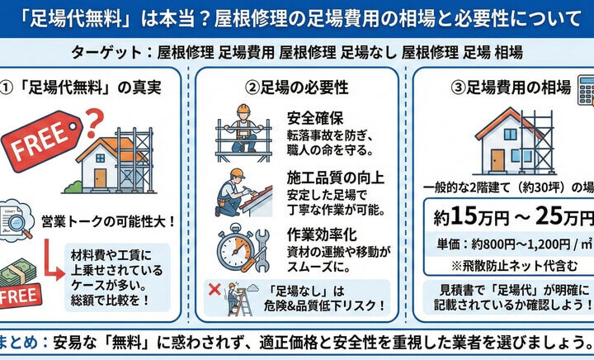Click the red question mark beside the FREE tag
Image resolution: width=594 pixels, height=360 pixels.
pos(94,122)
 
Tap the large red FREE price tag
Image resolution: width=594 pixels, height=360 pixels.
pos(42,140)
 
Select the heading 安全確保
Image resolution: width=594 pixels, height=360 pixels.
pos(315,118)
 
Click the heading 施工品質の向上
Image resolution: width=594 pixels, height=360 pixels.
pos(335,178)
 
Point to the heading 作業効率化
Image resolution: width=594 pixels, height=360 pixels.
pos(322,234)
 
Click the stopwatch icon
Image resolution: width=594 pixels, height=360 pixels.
pos(235,248)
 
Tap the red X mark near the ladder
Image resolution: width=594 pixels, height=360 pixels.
pos(214,290)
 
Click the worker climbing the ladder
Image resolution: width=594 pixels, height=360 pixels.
pos(232,297)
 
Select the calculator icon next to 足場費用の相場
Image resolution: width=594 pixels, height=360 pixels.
pos(586,91)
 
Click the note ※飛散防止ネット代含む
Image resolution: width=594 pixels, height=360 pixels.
pos(515,266)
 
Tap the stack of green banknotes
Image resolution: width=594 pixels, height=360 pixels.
pos(18,272)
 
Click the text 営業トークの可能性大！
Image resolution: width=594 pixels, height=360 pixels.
pos(108,221)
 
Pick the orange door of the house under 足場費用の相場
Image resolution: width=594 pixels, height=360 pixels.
pos(497,160)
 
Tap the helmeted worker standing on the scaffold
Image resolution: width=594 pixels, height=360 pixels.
pos(243,129)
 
